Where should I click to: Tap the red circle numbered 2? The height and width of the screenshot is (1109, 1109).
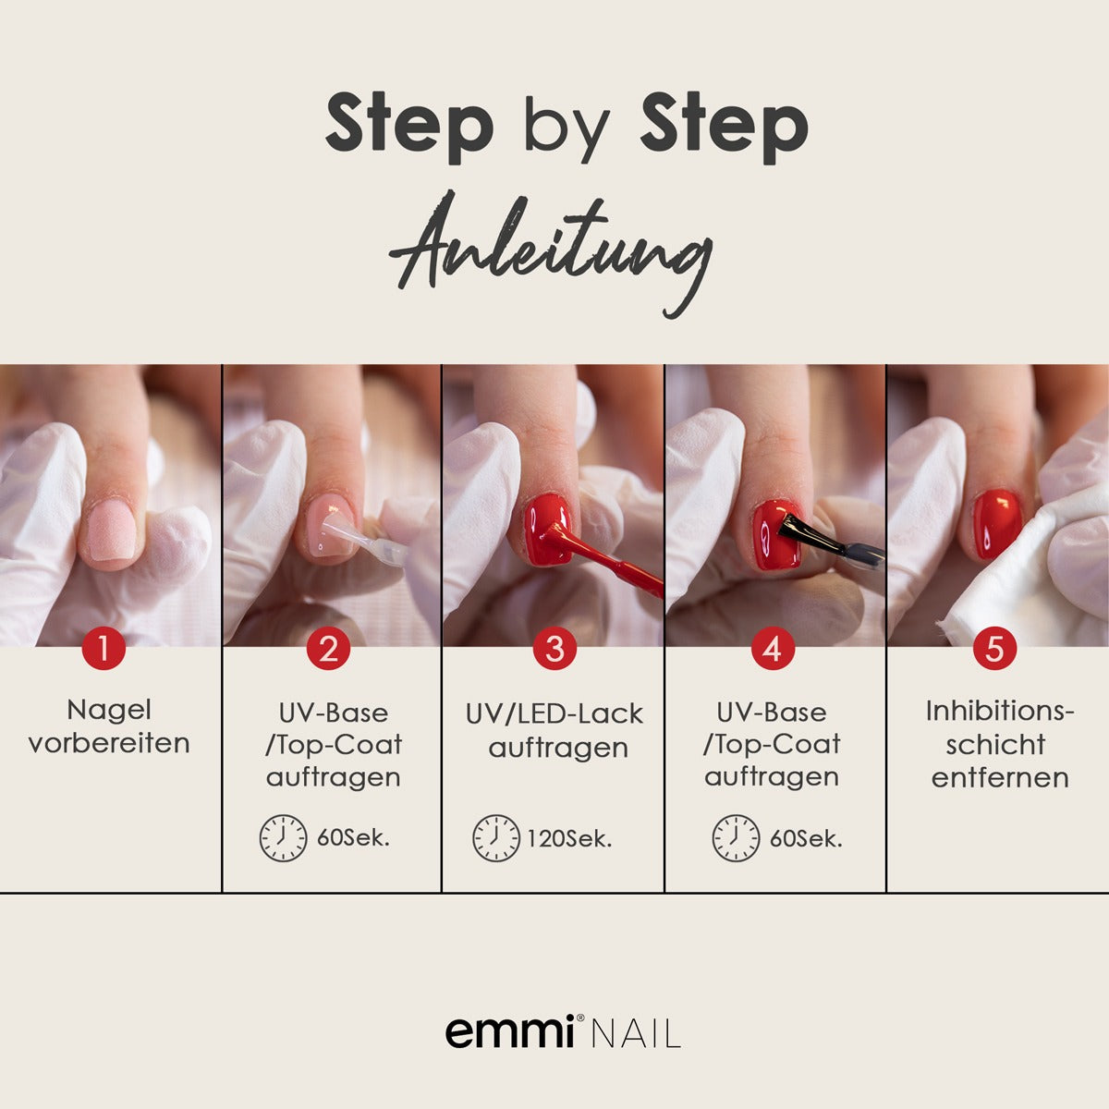coord(328,649)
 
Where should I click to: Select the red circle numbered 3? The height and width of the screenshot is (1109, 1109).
coord(554,649)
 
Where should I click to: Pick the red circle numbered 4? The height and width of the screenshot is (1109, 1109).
coord(773,649)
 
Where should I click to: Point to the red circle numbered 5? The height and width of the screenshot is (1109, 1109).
coord(994,649)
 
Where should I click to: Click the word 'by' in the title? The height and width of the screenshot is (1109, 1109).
coord(566,127)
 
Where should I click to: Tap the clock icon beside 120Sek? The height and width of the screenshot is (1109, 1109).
coord(496,838)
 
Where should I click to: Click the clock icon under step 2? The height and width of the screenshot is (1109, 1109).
coord(283,838)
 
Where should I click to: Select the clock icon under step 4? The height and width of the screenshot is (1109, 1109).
coord(736,838)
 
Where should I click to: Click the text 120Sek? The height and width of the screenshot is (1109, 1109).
coord(569,839)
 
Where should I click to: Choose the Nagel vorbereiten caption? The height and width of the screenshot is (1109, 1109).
coord(109,726)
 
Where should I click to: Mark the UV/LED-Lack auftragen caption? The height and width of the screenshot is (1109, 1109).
coord(554,730)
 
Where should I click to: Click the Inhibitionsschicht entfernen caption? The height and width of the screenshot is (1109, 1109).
coord(1000,744)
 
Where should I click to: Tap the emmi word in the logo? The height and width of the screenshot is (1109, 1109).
coord(509,1031)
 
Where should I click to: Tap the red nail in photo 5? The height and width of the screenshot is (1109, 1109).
coord(997,523)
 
